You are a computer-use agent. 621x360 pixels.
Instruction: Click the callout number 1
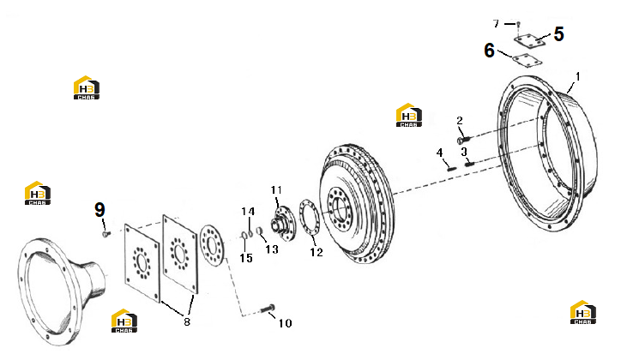click(x=577, y=76)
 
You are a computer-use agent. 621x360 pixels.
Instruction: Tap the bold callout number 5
click(x=559, y=34)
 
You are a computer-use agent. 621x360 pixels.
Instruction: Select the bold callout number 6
click(x=490, y=51)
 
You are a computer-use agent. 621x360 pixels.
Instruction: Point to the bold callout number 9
click(x=99, y=210)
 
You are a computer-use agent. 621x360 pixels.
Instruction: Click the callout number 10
click(x=285, y=323)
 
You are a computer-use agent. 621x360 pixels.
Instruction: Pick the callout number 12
click(x=317, y=252)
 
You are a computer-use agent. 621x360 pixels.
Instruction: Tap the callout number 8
click(x=187, y=321)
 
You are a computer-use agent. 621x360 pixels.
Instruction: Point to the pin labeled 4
click(x=451, y=169)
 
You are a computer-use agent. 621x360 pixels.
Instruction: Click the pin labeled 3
click(x=469, y=163)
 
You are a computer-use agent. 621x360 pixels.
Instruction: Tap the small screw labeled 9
click(x=106, y=234)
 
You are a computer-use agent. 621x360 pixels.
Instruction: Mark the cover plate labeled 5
click(x=529, y=40)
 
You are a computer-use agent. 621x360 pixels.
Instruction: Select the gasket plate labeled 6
click(x=528, y=60)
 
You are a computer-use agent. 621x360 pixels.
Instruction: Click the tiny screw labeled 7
click(x=517, y=24)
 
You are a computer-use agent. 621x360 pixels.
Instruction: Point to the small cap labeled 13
click(x=259, y=231)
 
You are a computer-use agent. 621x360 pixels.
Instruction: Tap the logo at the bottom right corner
click(x=583, y=312)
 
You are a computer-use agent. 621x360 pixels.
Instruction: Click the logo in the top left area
click(x=87, y=87)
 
